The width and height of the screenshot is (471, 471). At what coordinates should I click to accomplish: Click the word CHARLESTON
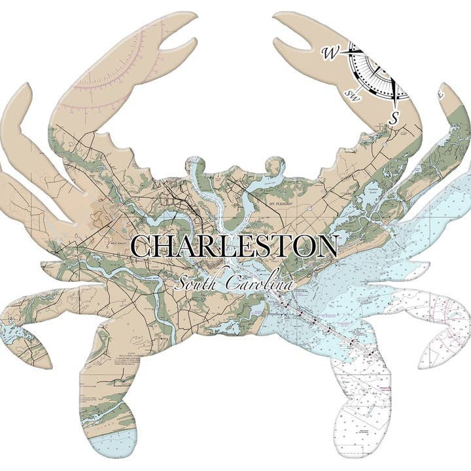[234, 247]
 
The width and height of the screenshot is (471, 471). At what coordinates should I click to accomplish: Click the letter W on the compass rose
[328, 52]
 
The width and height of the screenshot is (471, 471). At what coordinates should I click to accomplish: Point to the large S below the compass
[394, 118]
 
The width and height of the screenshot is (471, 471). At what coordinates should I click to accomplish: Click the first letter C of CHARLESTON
[143, 247]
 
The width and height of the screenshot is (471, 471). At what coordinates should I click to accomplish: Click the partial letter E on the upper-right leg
[443, 96]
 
